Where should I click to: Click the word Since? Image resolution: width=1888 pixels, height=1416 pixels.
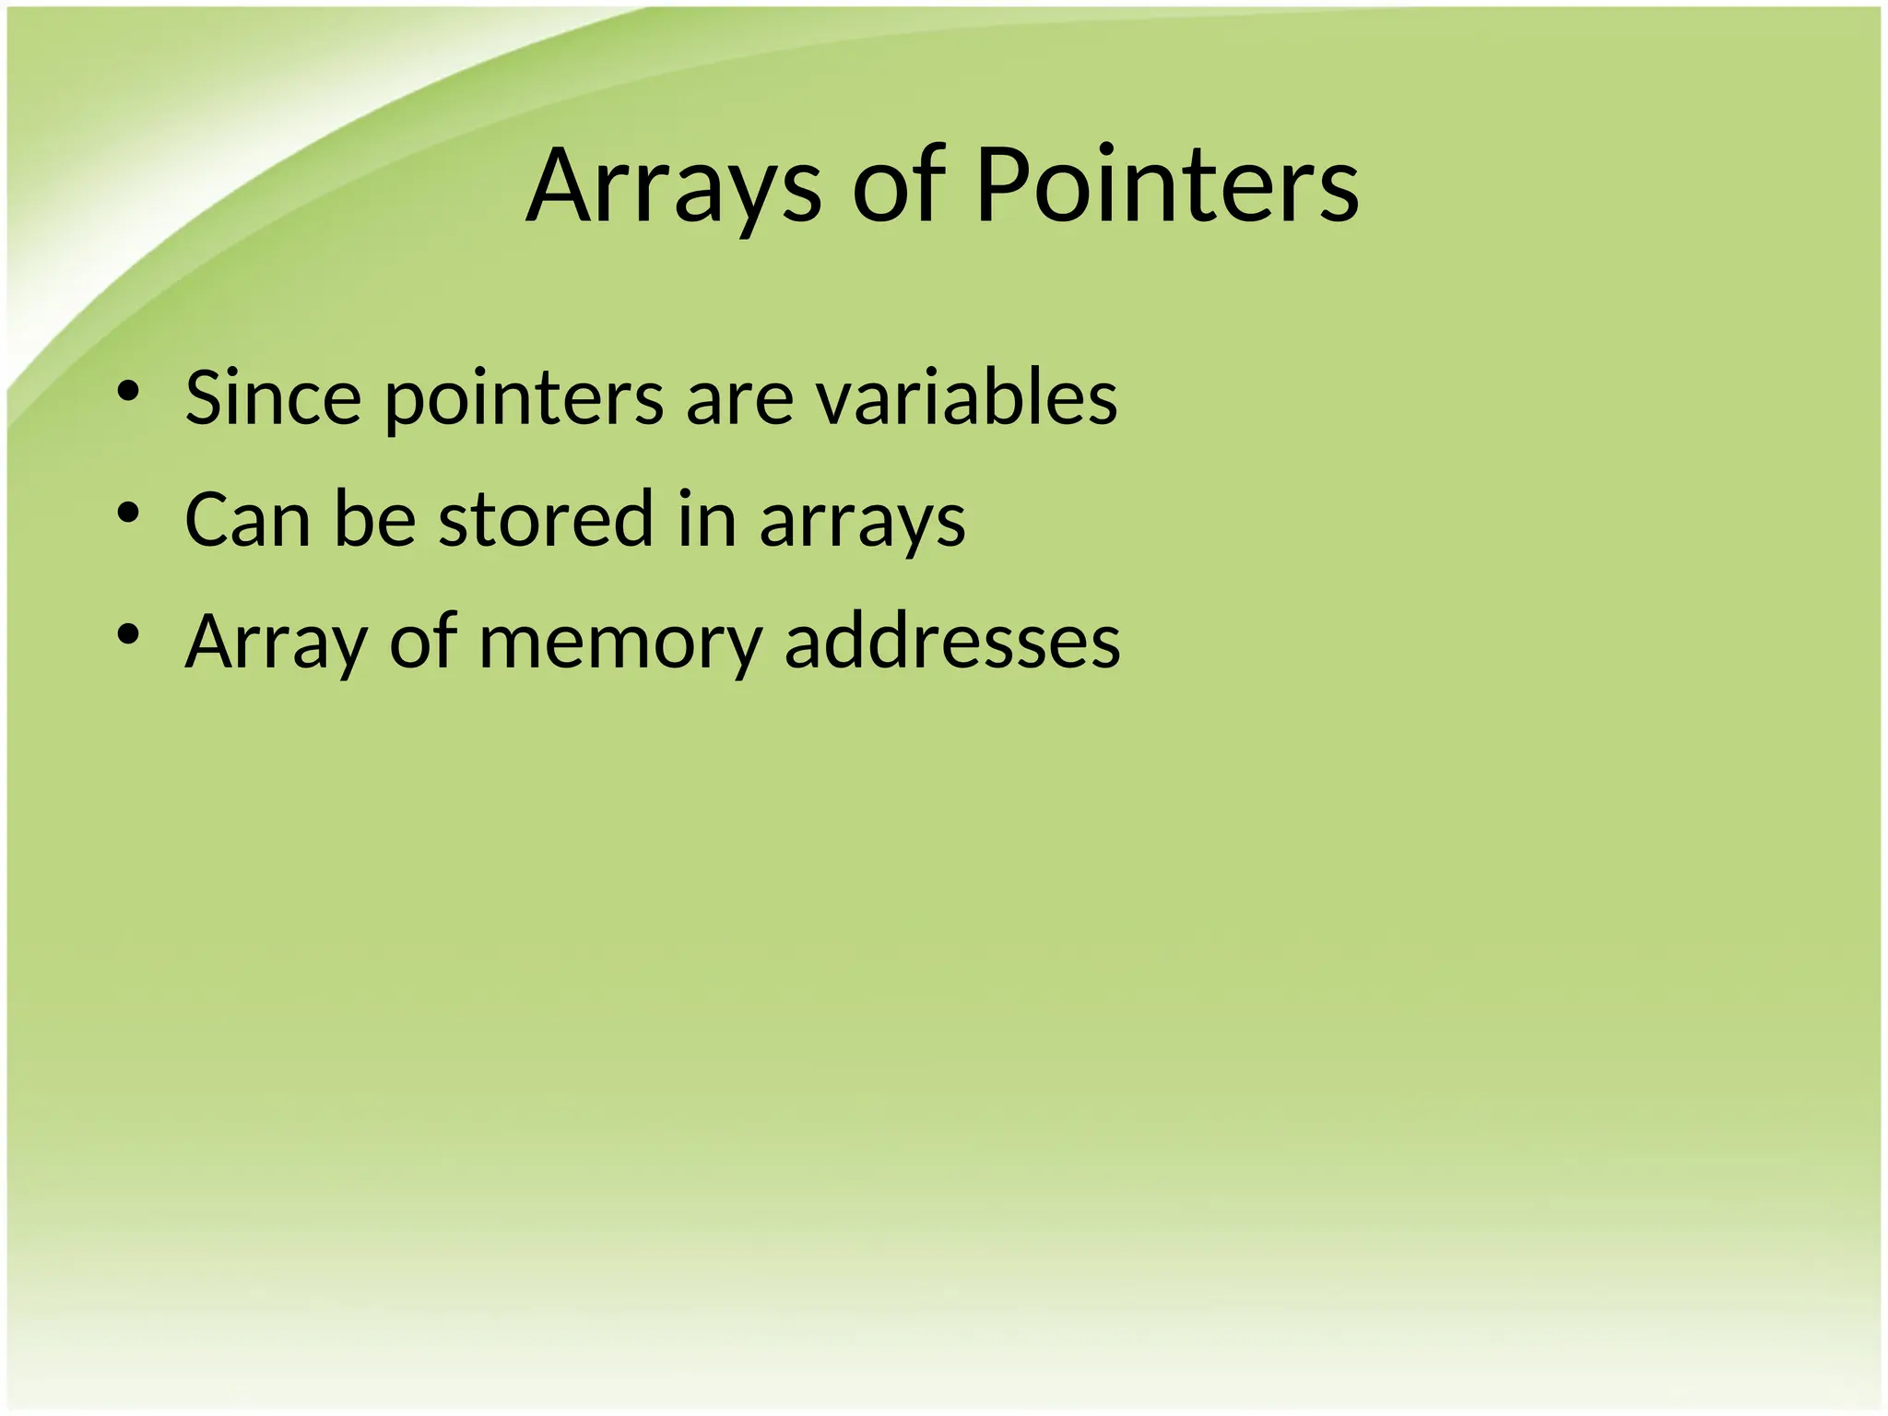tap(273, 397)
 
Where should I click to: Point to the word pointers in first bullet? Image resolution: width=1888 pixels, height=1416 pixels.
tap(524, 399)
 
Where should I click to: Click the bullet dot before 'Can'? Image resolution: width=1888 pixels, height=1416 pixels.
tap(128, 513)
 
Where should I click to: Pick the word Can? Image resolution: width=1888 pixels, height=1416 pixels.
tap(247, 519)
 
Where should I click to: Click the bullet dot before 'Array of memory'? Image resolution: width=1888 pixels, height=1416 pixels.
tap(128, 634)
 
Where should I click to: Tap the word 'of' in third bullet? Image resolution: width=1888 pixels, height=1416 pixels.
tap(423, 641)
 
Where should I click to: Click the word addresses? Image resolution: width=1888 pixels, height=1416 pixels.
tap(952, 641)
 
